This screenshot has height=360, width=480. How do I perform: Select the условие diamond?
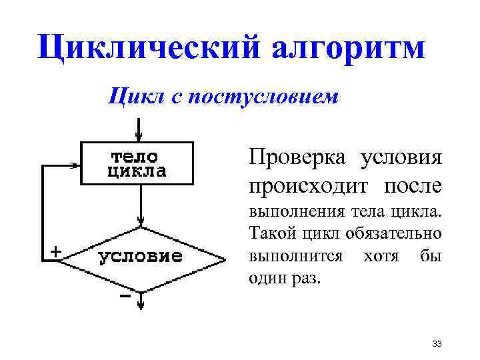coord(141,257)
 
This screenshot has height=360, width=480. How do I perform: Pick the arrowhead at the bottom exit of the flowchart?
coord(141,305)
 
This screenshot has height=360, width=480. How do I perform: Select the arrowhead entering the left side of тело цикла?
coord(75,163)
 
